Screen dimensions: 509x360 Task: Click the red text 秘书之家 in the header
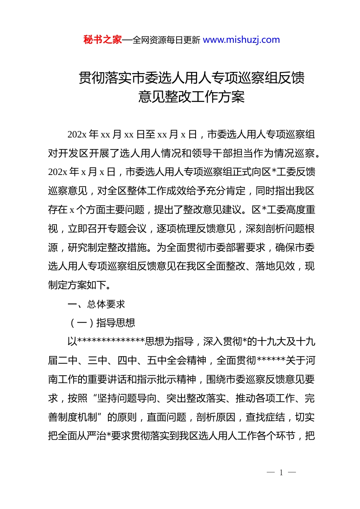102,40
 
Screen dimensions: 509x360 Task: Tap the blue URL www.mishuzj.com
241,40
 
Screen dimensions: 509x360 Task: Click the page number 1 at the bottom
281,472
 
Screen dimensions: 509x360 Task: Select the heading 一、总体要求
96,304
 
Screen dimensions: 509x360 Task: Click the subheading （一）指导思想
102,323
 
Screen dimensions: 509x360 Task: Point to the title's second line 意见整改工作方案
191,97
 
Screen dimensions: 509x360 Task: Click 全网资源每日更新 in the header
166,40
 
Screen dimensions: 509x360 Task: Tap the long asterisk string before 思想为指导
111,342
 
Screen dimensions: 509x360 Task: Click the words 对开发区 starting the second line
68,153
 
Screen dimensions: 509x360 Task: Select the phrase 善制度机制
73,417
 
